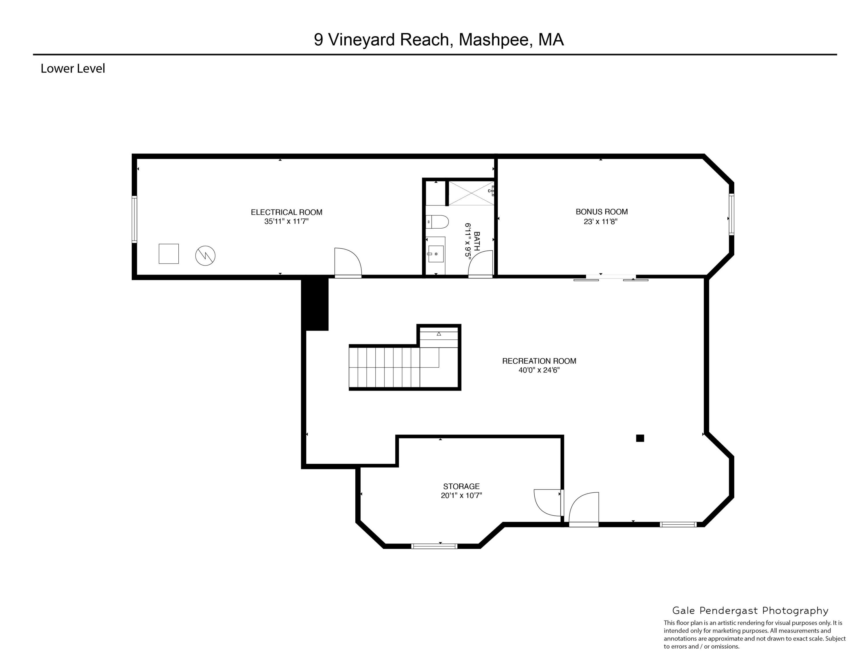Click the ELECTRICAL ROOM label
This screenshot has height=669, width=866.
[x=286, y=212]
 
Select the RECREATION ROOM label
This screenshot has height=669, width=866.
[x=539, y=361]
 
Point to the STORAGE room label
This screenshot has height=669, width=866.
[x=461, y=486]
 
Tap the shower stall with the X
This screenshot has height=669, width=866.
[x=471, y=193]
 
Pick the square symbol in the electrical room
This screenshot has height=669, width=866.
[x=169, y=254]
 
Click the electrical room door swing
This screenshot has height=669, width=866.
[x=347, y=261]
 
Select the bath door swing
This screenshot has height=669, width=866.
[x=481, y=263]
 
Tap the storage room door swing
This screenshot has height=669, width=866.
[x=548, y=502]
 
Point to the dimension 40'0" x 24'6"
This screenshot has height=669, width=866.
[x=539, y=371]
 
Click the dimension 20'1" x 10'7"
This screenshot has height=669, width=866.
[x=461, y=496]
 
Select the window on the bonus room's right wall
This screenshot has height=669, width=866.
[x=731, y=214]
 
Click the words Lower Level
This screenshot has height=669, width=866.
[x=72, y=69]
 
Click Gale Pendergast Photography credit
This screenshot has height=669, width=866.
[x=750, y=611]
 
